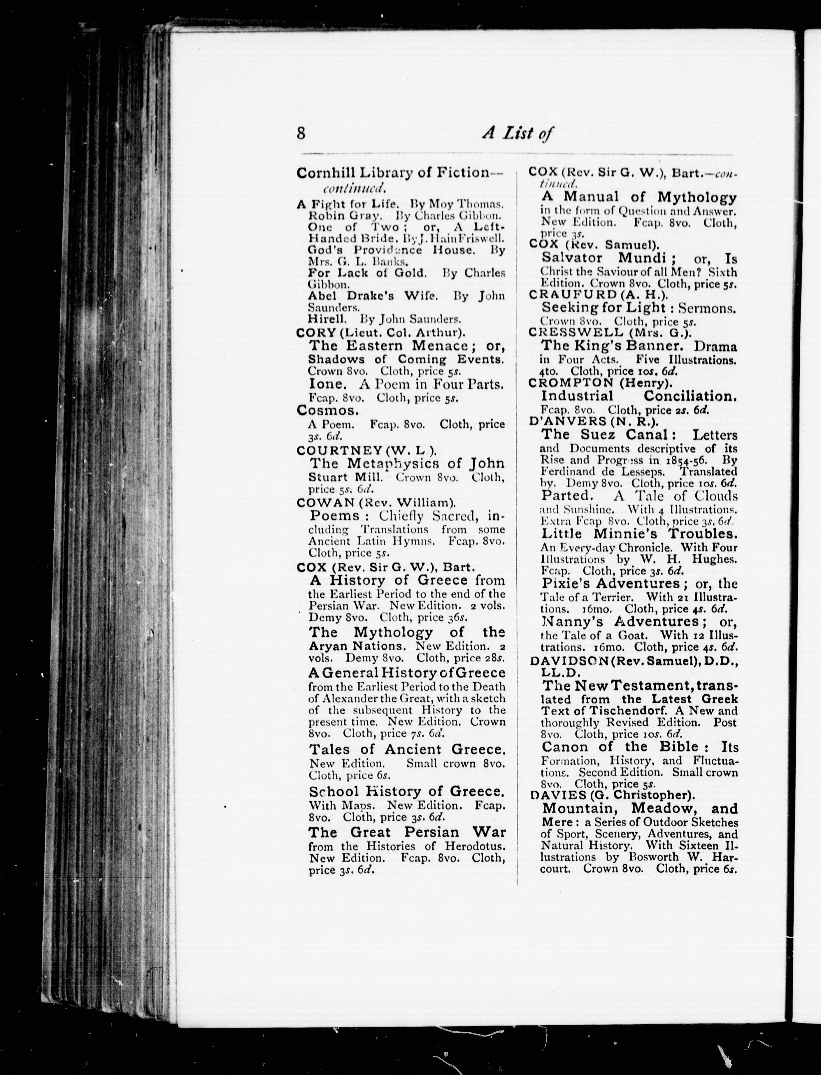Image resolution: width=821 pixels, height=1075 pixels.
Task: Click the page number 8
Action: (x=301, y=133)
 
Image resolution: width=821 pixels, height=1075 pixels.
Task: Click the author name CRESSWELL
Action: (x=576, y=333)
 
